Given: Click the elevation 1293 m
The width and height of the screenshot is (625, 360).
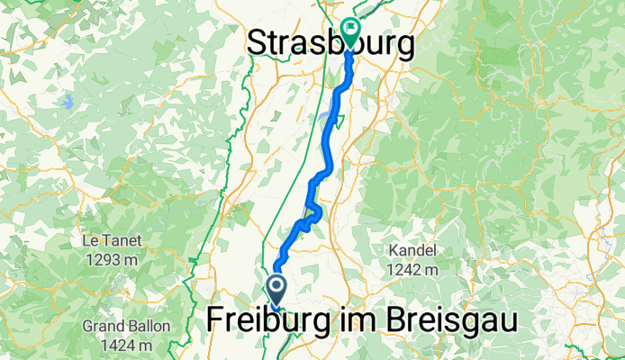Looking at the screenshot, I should pyautogui.click(x=112, y=260).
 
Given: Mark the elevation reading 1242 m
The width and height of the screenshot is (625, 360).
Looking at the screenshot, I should pyautogui.click(x=412, y=268).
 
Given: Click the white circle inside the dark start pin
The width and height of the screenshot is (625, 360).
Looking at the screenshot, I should pyautogui.click(x=275, y=287).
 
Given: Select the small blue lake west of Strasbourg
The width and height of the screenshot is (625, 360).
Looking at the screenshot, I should pyautogui.click(x=68, y=101).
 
